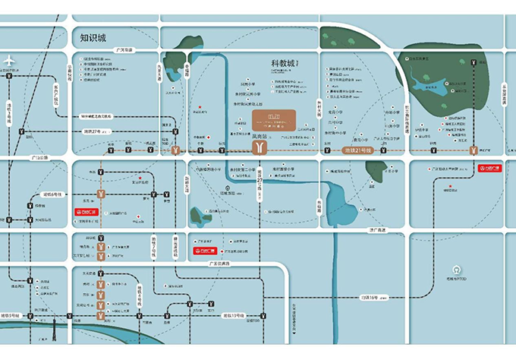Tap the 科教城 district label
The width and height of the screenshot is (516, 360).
(286, 64)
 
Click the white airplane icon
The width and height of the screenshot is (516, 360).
(9, 60)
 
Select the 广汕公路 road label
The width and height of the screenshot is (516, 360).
(39, 158)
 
